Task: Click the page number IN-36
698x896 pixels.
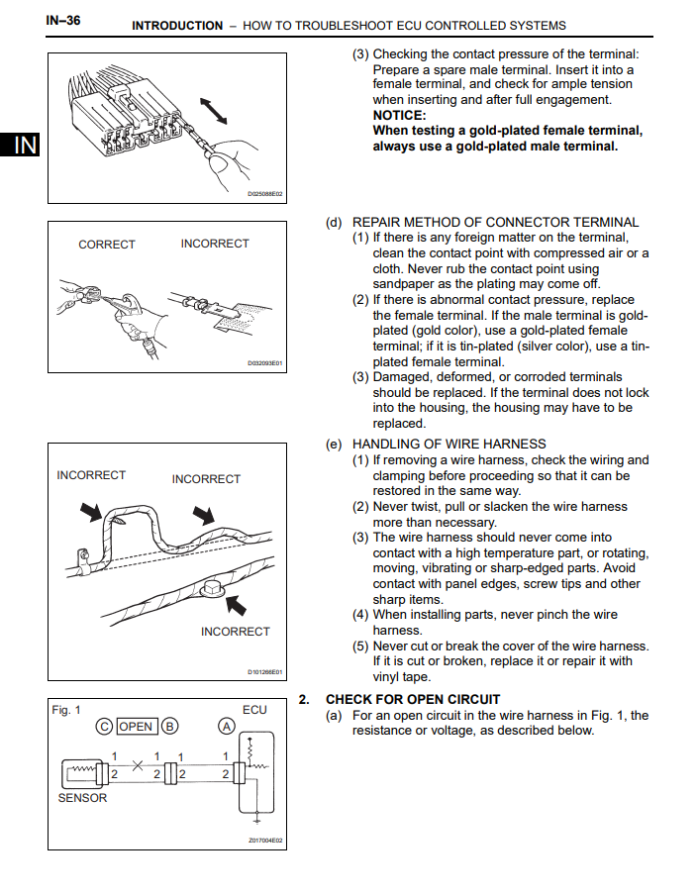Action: (x=63, y=20)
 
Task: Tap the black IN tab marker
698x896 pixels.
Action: (x=25, y=146)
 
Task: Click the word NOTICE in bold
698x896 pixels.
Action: (x=401, y=115)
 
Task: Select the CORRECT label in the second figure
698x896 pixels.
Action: (x=107, y=245)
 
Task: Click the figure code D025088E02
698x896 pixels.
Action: (x=264, y=194)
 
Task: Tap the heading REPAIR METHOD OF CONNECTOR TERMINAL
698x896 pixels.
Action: (x=495, y=223)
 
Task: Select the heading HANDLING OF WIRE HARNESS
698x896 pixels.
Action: (x=449, y=444)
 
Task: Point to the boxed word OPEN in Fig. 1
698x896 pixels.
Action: (x=136, y=727)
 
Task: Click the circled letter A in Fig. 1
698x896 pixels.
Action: (x=227, y=727)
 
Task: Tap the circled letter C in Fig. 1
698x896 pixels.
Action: (x=104, y=727)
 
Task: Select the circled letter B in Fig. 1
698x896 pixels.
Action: (x=169, y=727)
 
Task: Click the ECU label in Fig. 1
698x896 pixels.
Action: (x=254, y=710)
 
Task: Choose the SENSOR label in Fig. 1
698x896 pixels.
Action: (x=82, y=798)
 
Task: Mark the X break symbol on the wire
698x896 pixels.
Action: (x=138, y=765)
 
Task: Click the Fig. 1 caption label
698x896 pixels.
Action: (x=66, y=710)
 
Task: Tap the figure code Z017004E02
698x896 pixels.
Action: (x=264, y=841)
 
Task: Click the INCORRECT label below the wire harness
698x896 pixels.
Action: (x=235, y=632)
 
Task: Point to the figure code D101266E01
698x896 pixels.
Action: (x=264, y=672)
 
